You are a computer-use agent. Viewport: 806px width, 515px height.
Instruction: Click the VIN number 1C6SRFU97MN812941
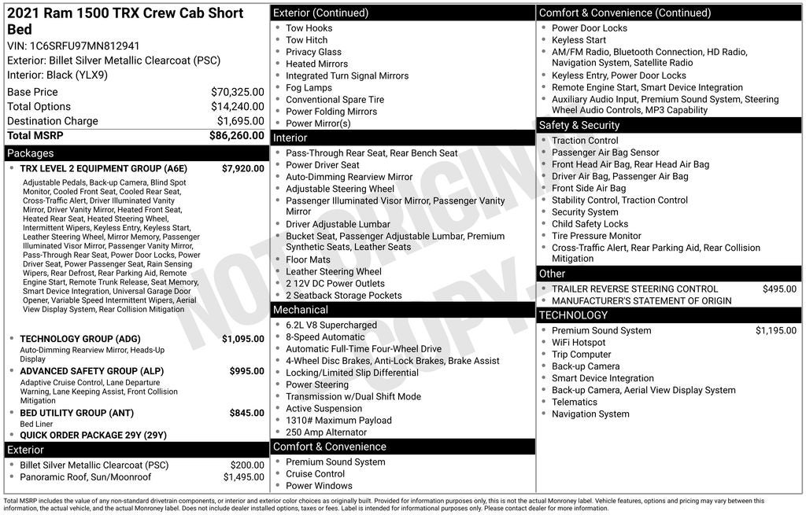[84, 46]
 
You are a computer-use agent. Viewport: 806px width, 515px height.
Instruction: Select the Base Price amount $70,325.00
[237, 92]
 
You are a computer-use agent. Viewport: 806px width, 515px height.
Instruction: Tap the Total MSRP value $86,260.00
[236, 135]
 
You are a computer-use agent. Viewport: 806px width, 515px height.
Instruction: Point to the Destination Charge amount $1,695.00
[240, 121]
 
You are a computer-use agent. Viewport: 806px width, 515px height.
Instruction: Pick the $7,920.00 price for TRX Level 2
[242, 168]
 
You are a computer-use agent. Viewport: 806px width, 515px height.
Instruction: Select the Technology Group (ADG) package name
[79, 339]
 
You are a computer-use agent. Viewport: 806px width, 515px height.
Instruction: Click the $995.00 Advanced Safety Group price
[246, 371]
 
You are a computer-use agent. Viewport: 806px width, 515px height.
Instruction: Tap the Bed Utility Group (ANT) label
[76, 413]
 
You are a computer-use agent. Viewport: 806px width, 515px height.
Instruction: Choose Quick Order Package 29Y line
[93, 435]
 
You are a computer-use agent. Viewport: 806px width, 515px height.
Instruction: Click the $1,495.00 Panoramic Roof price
[243, 477]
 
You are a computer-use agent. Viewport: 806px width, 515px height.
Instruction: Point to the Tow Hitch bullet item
[306, 40]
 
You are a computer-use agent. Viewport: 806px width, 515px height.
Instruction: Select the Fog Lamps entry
[309, 88]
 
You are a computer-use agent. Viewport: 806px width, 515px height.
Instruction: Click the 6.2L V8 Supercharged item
[331, 325]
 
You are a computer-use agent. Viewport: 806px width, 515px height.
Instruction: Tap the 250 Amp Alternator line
[326, 432]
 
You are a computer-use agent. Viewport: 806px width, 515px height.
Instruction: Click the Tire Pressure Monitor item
[596, 236]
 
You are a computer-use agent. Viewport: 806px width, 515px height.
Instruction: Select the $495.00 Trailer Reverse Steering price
[779, 289]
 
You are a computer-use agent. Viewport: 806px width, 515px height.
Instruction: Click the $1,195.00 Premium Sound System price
[775, 331]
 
